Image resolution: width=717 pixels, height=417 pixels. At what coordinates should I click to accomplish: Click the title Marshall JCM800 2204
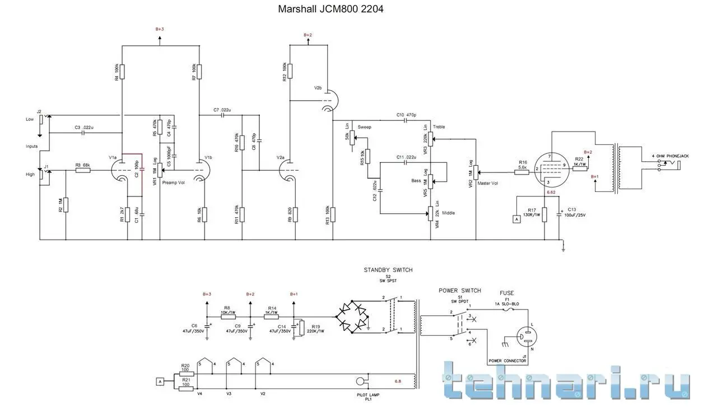coord(330,10)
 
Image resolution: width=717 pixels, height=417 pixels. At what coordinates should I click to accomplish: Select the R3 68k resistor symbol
coord(82,170)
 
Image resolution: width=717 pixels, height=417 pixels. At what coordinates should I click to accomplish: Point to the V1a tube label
coord(113,157)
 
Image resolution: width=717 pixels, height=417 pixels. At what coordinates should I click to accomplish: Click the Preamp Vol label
coord(173,182)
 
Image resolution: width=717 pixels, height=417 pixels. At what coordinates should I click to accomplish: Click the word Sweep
coord(364,127)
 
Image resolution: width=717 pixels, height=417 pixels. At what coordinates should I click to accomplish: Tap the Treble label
coord(439,127)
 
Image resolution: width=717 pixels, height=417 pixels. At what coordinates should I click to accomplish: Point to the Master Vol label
coord(487,183)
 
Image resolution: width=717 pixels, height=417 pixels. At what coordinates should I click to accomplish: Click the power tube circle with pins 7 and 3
coord(550,168)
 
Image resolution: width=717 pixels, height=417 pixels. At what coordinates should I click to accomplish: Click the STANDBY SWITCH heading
coord(388,270)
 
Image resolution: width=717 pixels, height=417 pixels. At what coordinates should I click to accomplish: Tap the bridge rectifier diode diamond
coord(354,317)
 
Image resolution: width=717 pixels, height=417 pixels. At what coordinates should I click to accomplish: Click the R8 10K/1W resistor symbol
coord(229,316)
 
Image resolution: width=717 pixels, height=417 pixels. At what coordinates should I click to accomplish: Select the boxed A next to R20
coord(160,382)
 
